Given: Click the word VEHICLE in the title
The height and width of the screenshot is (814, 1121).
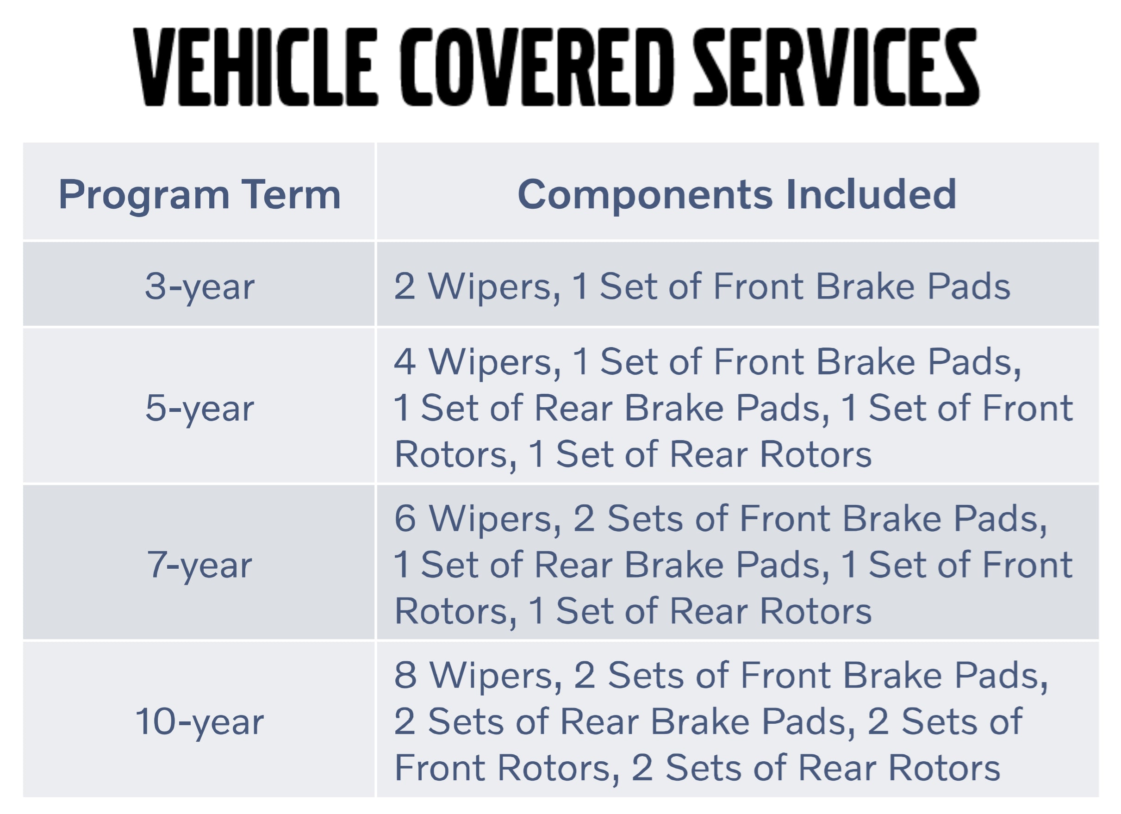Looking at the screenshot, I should tap(255, 67).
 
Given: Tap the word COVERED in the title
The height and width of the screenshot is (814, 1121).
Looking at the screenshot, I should tap(536, 67).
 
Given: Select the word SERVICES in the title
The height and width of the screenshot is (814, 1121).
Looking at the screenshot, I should tap(835, 67).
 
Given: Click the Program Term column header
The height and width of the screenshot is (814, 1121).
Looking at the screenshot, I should tap(199, 195).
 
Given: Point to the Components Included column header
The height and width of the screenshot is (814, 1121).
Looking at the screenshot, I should tap(736, 195).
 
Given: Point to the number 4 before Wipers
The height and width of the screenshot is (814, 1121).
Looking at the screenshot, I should tap(405, 362).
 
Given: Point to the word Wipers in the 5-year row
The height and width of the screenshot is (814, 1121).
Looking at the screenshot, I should tap(494, 362).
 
